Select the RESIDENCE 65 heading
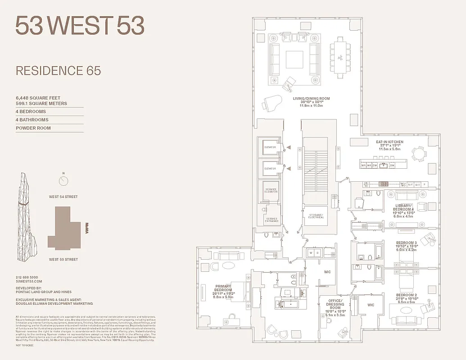(58, 71)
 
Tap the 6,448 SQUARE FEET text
(38, 98)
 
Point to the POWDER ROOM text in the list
(33, 128)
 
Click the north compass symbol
(63, 180)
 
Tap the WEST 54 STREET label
(63, 197)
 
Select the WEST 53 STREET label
(63, 259)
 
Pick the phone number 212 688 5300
(27, 277)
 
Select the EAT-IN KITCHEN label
(389, 142)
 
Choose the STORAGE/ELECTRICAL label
(316, 216)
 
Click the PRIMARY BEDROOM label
(223, 288)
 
